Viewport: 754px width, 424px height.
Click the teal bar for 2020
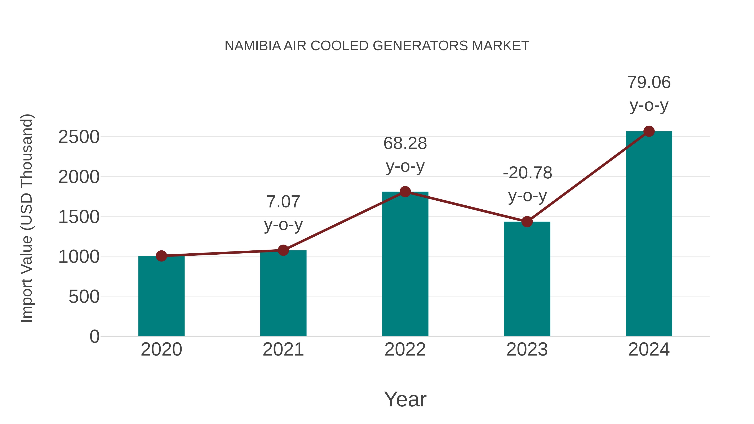(161, 295)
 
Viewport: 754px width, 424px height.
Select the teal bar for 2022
(405, 263)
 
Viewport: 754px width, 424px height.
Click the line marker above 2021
(283, 250)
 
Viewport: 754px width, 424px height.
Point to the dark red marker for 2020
(161, 256)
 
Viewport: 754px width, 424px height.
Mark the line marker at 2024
(649, 131)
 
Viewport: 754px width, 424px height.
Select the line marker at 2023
(527, 222)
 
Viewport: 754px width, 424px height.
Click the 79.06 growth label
(649, 82)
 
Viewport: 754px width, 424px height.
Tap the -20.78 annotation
(527, 173)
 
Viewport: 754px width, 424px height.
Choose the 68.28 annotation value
(405, 144)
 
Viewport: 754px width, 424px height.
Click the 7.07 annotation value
(283, 202)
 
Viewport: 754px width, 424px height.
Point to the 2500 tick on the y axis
(79, 137)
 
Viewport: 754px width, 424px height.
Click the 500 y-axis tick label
(84, 297)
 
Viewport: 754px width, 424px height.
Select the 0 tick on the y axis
(94, 336)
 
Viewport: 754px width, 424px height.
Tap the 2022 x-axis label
(405, 349)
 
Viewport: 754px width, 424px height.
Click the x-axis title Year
(405, 399)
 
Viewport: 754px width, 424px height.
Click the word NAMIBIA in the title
(253, 46)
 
